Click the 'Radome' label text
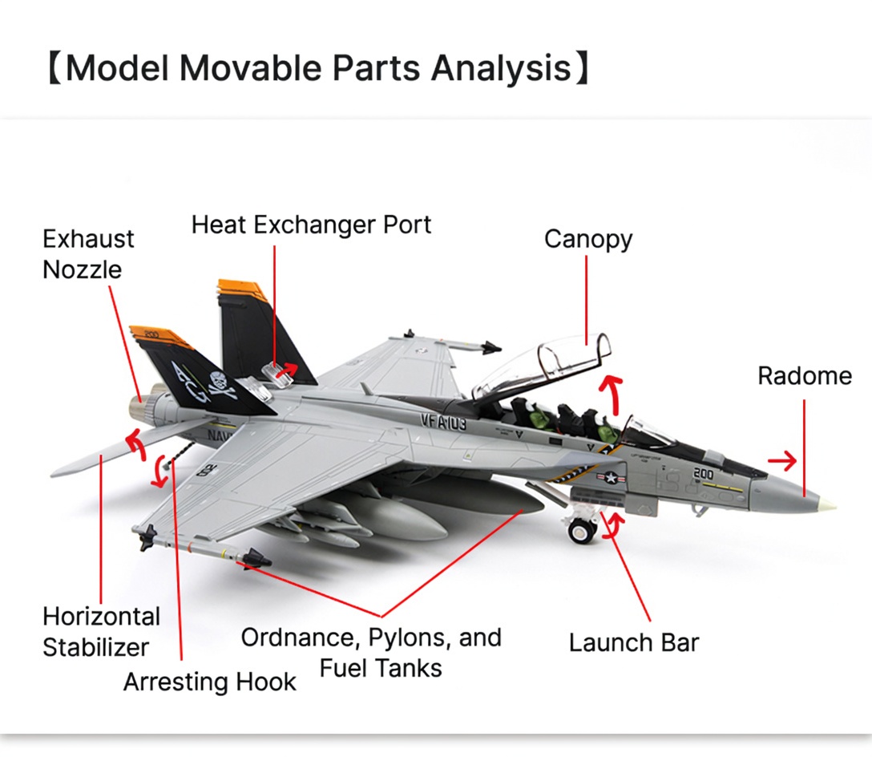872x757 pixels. [x=805, y=376]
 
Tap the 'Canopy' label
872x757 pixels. [x=588, y=240]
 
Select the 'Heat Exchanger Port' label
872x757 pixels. [x=311, y=225]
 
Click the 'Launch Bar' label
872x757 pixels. [x=633, y=642]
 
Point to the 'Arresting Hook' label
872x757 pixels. [x=210, y=682]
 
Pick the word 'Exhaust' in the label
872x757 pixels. [x=88, y=239]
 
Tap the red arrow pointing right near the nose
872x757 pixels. [x=782, y=460]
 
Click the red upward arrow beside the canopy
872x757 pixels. [x=613, y=394]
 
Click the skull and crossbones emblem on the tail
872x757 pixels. [x=221, y=385]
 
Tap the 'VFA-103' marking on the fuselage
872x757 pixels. [x=443, y=422]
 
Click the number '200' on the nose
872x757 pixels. [x=703, y=474]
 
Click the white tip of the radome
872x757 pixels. [x=829, y=504]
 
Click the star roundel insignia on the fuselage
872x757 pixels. [x=610, y=478]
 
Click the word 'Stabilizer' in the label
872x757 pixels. [x=95, y=647]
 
